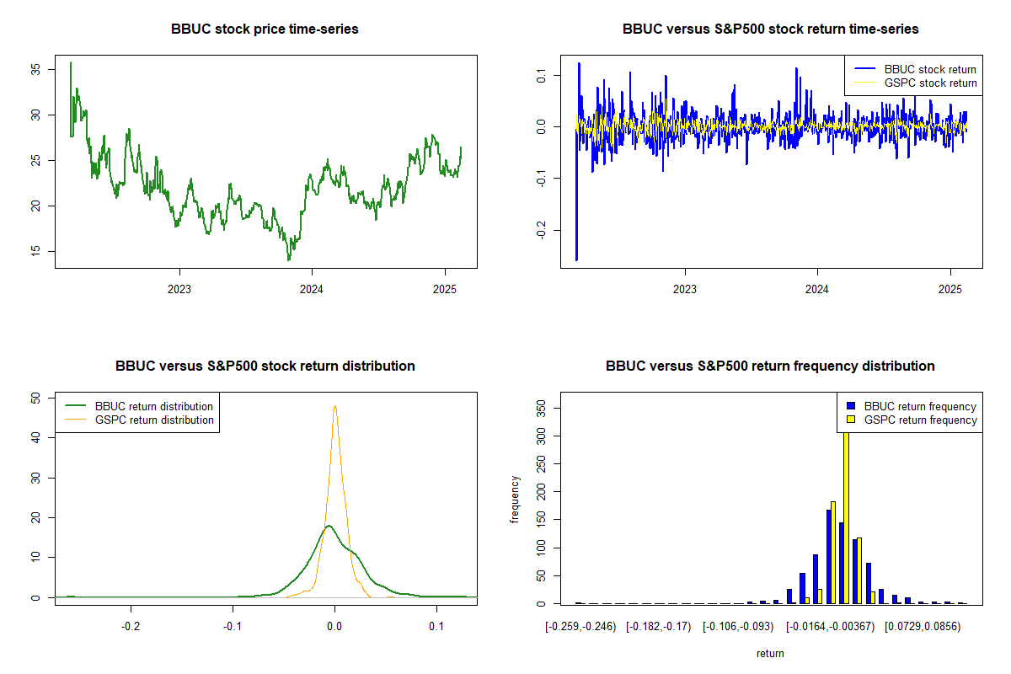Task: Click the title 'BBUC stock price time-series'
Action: coord(265,29)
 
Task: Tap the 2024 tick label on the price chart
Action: coord(312,287)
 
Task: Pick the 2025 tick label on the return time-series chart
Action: coord(949,287)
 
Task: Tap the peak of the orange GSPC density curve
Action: coord(335,406)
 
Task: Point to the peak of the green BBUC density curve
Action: coord(328,526)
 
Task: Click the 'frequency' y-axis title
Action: coord(516,500)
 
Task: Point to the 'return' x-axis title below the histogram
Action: coord(770,653)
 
